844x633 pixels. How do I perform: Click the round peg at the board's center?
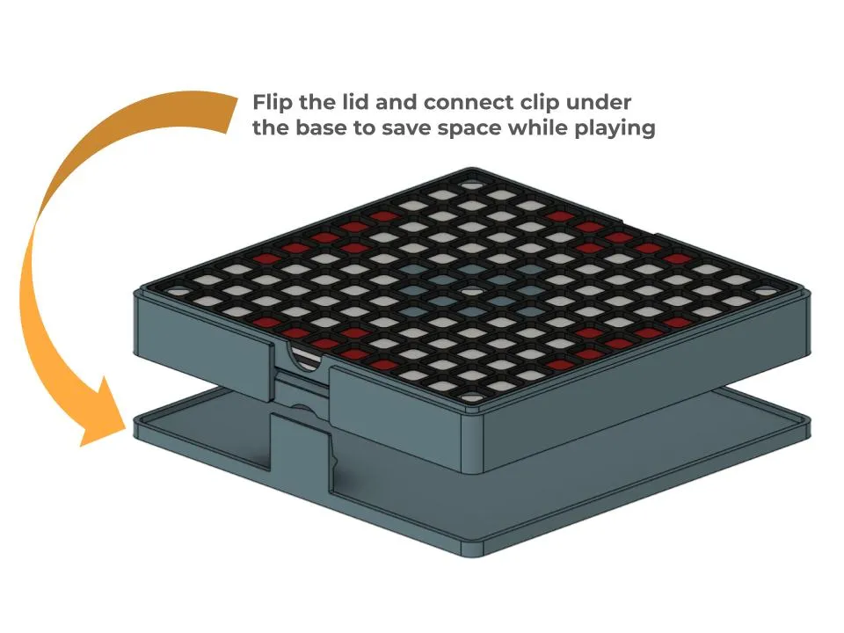point(471,291)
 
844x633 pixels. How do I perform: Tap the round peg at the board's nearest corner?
point(471,397)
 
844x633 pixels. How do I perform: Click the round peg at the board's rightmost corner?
point(764,291)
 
